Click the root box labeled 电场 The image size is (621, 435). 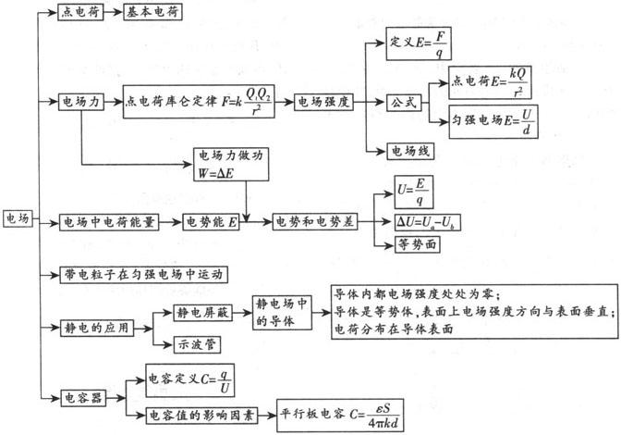coord(18,219)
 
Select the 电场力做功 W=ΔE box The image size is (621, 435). coord(229,163)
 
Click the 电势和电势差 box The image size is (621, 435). coord(314,222)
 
